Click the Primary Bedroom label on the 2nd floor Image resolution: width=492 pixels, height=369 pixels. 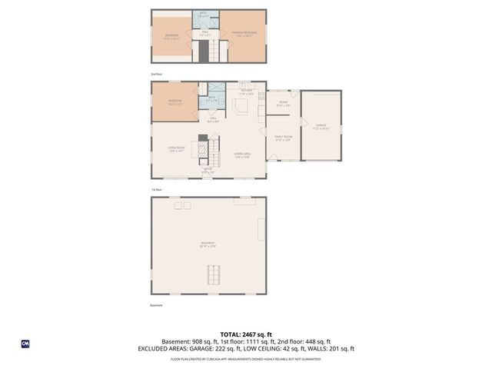point(244,34)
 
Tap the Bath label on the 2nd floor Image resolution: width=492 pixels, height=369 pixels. point(204,15)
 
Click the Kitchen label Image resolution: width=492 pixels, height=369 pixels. point(246,92)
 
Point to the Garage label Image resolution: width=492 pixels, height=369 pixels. point(321,127)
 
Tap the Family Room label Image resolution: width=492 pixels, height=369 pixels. point(282,138)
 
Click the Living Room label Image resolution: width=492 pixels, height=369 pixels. point(176,149)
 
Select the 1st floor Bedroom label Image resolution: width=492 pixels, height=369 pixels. point(175,102)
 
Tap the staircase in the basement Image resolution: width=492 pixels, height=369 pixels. point(213,273)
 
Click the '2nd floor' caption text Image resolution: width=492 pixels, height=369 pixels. point(157,74)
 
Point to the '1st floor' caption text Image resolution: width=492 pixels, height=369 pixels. point(156,189)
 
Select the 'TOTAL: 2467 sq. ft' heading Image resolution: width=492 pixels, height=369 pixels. point(245,334)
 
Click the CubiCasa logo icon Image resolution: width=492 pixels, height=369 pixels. point(25,344)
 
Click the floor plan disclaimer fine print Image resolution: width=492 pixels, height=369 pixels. point(245,358)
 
